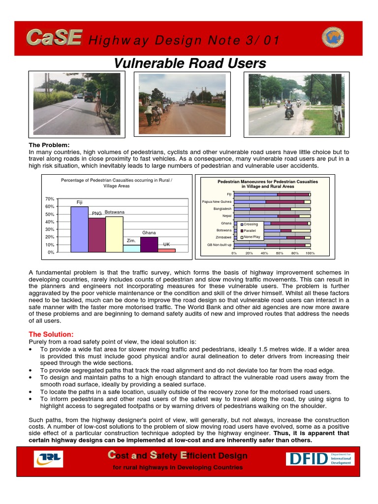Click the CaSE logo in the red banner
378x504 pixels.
[54, 37]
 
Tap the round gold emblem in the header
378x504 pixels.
[333, 37]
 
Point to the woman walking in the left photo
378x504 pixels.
[98, 104]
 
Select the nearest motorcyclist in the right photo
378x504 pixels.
[288, 110]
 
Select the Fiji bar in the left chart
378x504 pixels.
[79, 229]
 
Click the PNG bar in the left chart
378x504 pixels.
[97, 235]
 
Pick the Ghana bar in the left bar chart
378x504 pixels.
[149, 244]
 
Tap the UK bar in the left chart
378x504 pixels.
[166, 250]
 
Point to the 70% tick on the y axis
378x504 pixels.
[49, 199]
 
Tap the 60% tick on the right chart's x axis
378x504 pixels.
[280, 253]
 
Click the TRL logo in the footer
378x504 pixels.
[48, 459]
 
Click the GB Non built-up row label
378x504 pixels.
[219, 245]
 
